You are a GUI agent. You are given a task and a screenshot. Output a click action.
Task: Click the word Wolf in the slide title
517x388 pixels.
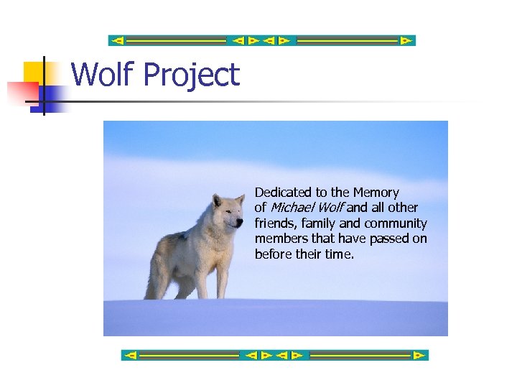click(x=101, y=75)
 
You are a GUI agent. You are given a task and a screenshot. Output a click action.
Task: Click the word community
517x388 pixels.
click(x=393, y=223)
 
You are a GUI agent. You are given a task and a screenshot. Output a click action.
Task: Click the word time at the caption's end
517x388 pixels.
click(x=340, y=255)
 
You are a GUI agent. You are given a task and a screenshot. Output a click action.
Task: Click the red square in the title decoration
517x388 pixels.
click(x=22, y=93)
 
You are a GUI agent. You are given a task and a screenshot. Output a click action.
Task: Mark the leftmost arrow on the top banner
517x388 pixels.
click(x=118, y=41)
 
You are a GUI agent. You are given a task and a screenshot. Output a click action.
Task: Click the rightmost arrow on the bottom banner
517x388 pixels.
click(x=419, y=355)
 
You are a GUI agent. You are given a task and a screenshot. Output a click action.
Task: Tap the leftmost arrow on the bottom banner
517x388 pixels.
click(x=131, y=355)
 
